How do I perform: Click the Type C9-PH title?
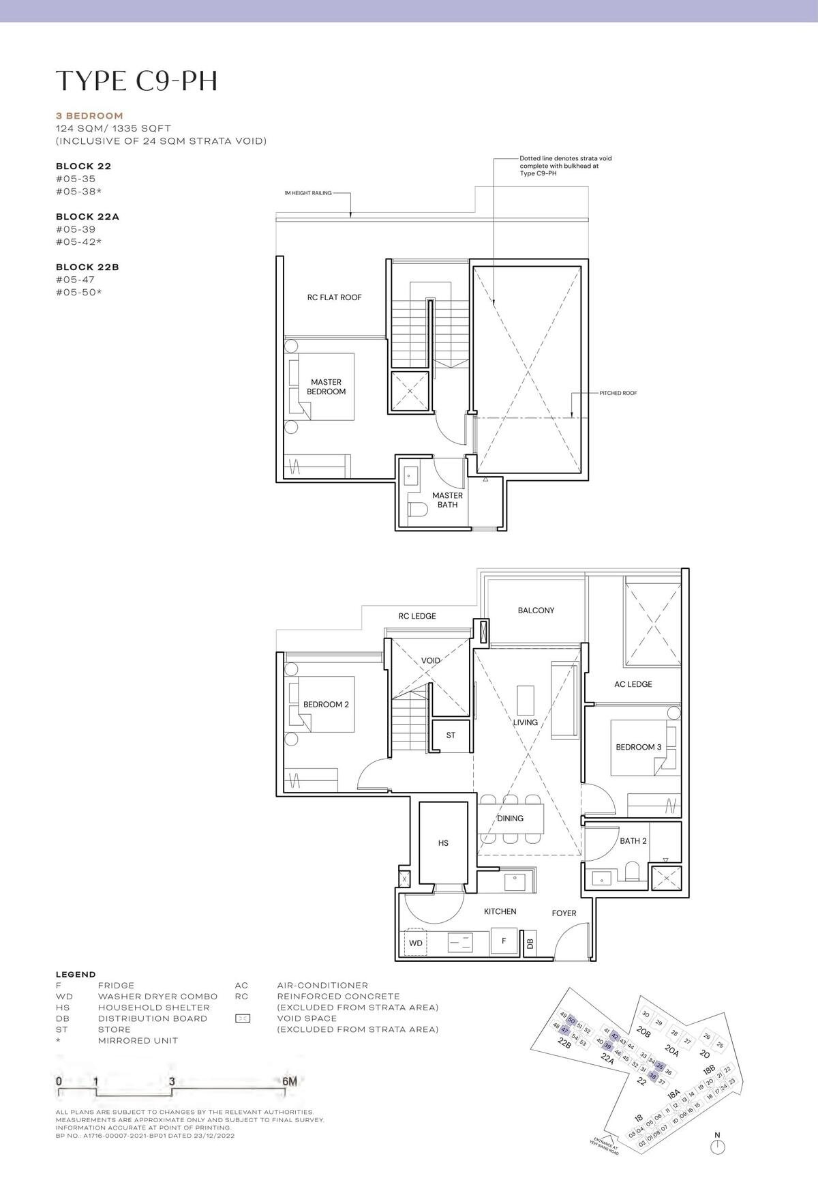pyautogui.click(x=136, y=80)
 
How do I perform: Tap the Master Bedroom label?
pyautogui.click(x=326, y=387)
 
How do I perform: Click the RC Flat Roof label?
pyautogui.click(x=334, y=297)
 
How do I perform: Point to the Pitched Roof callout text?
pyautogui.click(x=618, y=393)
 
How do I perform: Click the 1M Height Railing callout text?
pyautogui.click(x=308, y=193)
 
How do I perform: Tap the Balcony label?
pyautogui.click(x=536, y=611)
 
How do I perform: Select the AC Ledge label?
pyautogui.click(x=633, y=684)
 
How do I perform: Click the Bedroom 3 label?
pyautogui.click(x=638, y=747)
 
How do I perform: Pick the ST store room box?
pyautogui.click(x=451, y=735)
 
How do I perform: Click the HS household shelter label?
pyautogui.click(x=443, y=843)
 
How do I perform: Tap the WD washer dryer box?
pyautogui.click(x=416, y=943)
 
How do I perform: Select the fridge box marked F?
pyautogui.click(x=504, y=941)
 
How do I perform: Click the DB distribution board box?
pyautogui.click(x=530, y=943)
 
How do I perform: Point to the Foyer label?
pyautogui.click(x=564, y=913)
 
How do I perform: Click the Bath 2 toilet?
pyautogui.click(x=632, y=872)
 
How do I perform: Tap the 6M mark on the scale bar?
pyautogui.click(x=289, y=1081)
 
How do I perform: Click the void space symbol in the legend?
pyautogui.click(x=242, y=1018)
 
